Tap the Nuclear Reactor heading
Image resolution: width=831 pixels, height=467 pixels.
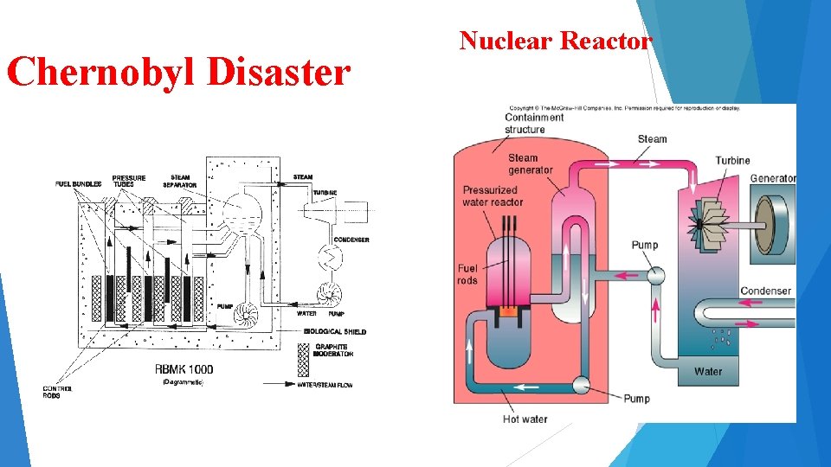[555, 41]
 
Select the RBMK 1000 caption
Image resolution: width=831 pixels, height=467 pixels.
[184, 369]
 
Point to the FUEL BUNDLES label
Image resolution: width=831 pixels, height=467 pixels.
[79, 184]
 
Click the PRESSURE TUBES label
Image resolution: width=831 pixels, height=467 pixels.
[129, 181]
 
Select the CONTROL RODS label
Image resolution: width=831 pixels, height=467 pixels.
[58, 392]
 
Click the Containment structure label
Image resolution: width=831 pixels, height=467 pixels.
[534, 124]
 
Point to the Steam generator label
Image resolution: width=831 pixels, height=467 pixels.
[529, 163]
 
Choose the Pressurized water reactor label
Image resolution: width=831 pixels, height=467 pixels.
[493, 196]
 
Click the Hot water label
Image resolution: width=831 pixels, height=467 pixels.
[525, 419]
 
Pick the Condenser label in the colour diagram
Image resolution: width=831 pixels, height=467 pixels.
[765, 291]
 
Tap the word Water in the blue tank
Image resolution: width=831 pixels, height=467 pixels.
[707, 372]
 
